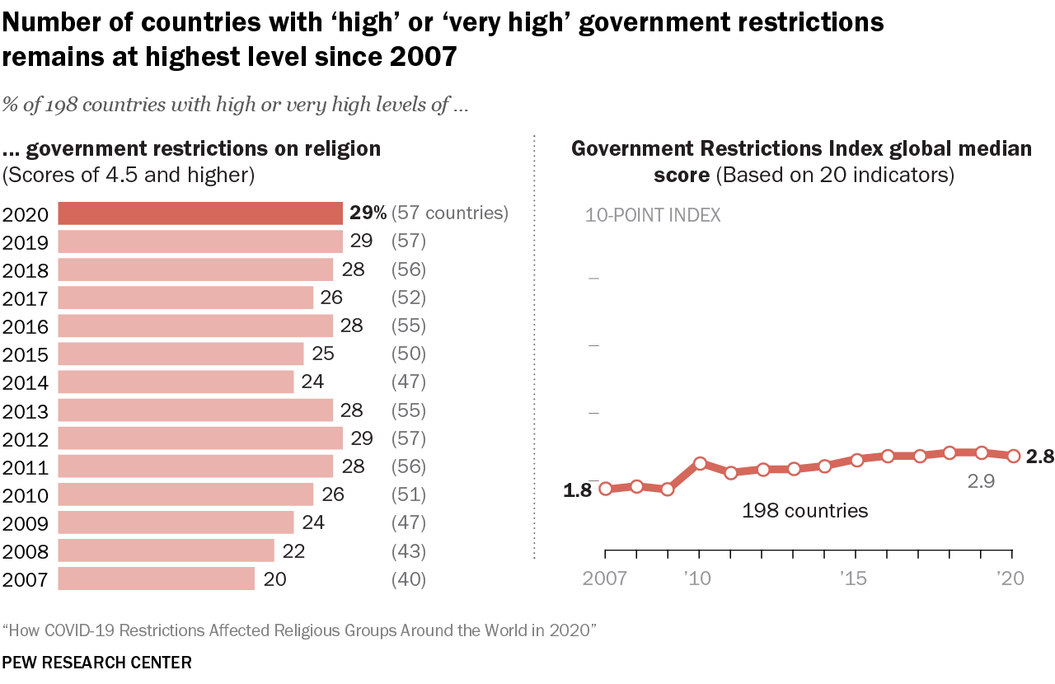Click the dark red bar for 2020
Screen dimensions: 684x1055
(200, 213)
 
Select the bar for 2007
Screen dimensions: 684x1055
(157, 579)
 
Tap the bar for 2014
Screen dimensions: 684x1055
(176, 382)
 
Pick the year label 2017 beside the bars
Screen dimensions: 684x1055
(26, 298)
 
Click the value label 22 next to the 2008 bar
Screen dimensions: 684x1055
(293, 550)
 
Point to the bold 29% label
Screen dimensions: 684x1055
(368, 213)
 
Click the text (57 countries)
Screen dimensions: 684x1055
(450, 213)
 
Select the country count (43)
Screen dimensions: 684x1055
(408, 550)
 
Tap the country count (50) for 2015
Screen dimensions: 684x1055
(408, 354)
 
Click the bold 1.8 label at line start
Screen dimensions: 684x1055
(577, 490)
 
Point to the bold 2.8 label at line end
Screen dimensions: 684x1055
(1040, 457)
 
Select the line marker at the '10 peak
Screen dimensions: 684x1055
(700, 463)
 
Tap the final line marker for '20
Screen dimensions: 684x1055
(1013, 456)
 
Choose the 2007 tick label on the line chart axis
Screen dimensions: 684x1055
(605, 579)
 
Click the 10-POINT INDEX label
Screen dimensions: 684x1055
(653, 215)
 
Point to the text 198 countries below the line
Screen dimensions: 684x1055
(804, 511)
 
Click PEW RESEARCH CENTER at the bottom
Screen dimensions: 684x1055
(96, 662)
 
